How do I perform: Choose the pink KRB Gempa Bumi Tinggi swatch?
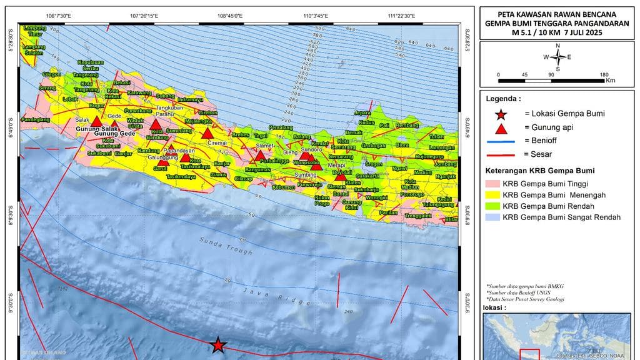[492, 183]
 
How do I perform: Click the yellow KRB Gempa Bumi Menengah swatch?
[492, 194]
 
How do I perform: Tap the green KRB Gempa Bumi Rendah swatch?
[492, 206]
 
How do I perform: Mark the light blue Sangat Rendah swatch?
[492, 217]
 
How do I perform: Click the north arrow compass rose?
[557, 57]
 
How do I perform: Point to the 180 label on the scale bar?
[604, 74]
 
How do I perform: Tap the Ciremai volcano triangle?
[207, 133]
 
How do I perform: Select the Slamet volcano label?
[265, 146]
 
